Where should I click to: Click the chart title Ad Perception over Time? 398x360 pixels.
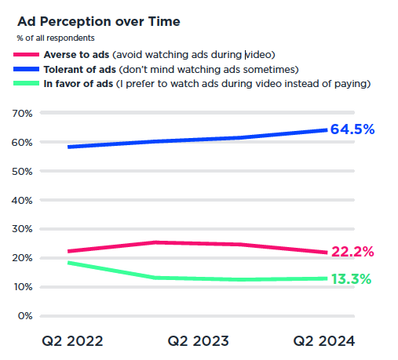pos(99,21)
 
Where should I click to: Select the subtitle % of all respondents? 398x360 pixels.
pos(56,38)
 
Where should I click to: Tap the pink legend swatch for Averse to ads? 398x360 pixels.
pos(26,55)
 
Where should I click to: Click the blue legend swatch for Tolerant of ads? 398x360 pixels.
pos(26,69)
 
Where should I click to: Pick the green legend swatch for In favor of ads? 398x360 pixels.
pos(26,83)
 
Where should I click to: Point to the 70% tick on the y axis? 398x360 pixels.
pos(22,114)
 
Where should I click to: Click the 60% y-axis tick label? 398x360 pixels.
pos(22,143)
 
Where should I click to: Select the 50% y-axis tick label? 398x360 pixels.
pos(22,172)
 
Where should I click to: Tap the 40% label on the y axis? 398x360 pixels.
pos(22,201)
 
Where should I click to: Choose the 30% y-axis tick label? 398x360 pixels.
pos(22,229)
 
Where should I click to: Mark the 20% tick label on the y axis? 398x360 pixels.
pos(22,258)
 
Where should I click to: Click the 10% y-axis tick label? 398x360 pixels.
pos(23,287)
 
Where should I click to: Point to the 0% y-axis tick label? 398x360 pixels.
pos(25,316)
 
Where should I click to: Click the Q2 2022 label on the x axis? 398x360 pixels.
pos(72,341)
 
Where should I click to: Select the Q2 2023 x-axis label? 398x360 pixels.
pos(198,341)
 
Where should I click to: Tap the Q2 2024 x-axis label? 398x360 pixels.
pos(324,341)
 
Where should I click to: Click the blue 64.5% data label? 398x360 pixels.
pos(352,129)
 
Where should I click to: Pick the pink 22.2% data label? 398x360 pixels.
pos(352,252)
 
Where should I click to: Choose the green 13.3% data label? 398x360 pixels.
pos(351,279)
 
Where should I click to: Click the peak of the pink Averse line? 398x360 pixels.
pos(156,242)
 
